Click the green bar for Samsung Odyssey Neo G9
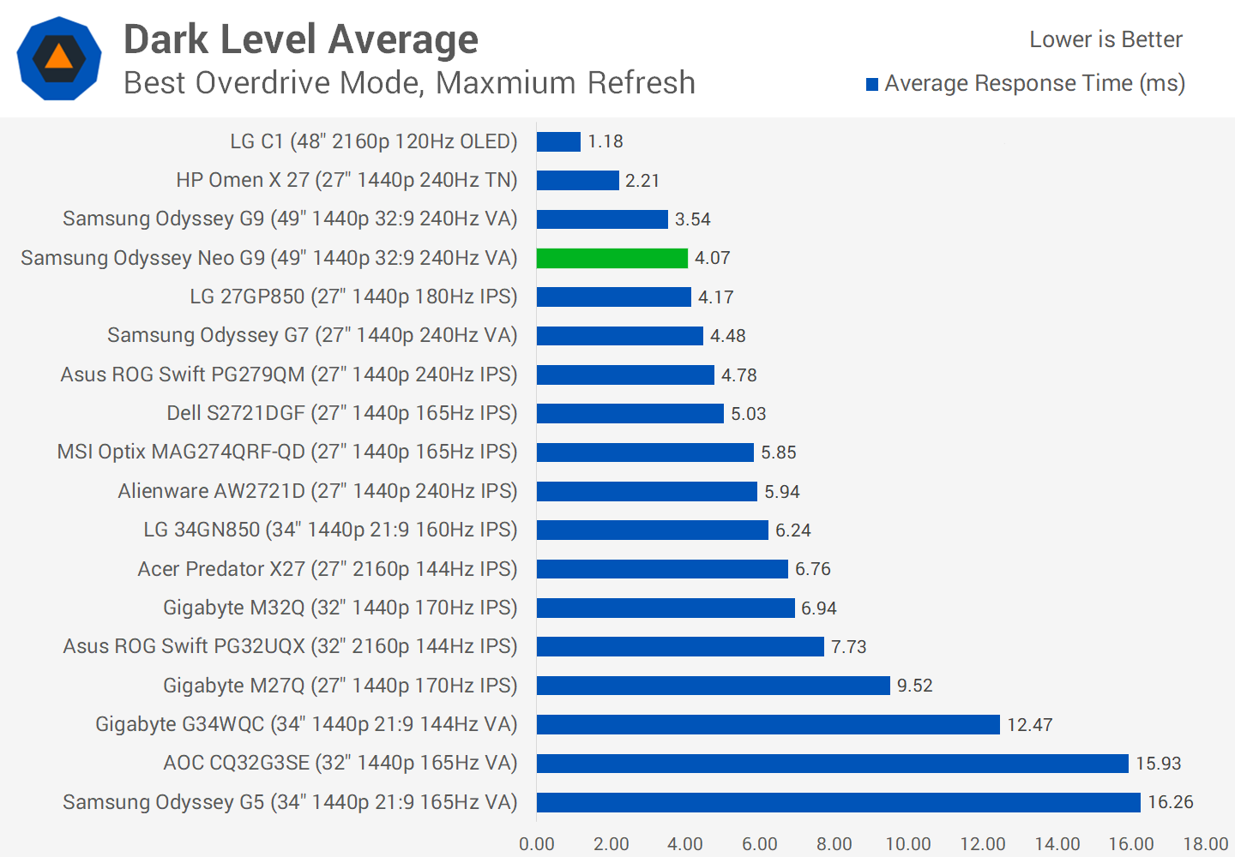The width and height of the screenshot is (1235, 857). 612,258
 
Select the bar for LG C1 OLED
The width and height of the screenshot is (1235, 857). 558,141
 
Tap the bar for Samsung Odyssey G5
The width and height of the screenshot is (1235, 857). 838,802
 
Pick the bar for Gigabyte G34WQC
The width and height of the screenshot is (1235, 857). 768,725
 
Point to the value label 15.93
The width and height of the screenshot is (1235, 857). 1159,764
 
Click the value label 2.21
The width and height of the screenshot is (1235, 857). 642,181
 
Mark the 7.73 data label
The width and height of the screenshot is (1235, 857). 849,647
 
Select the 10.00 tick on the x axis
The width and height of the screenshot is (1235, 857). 908,844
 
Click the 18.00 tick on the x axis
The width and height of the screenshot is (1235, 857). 1206,844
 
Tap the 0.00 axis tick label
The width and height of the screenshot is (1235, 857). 537,844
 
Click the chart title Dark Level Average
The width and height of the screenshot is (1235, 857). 301,39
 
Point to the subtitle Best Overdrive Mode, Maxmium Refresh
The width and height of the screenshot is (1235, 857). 409,83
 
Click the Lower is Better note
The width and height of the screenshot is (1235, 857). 1105,39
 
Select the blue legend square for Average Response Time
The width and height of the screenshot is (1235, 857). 872,84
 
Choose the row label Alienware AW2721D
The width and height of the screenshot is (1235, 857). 317,491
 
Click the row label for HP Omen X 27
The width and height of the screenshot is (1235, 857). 346,180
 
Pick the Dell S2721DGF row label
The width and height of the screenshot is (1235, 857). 341,413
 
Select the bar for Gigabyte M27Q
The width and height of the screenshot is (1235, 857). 713,686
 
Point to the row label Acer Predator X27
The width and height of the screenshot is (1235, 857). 328,569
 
